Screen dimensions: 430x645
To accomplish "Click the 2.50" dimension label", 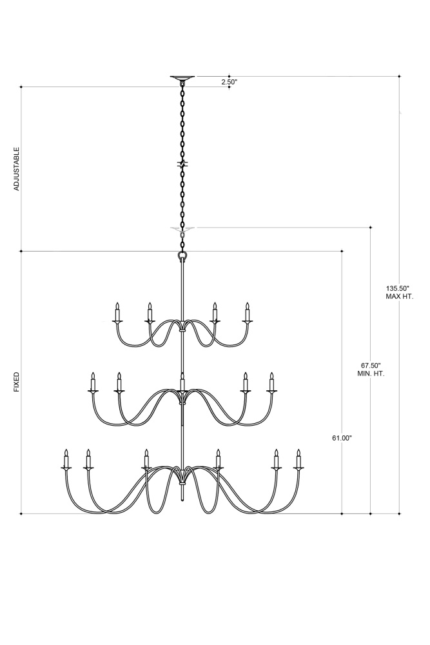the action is point(230,82).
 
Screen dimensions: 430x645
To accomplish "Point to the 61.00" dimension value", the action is point(342,438).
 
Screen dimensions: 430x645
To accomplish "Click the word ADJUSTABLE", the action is point(17,168).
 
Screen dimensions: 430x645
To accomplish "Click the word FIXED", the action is point(17,382).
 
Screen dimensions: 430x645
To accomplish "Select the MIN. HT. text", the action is point(371,373).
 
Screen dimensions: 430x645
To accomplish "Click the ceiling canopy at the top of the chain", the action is point(182,77).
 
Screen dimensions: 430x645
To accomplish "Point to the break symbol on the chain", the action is point(182,164).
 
